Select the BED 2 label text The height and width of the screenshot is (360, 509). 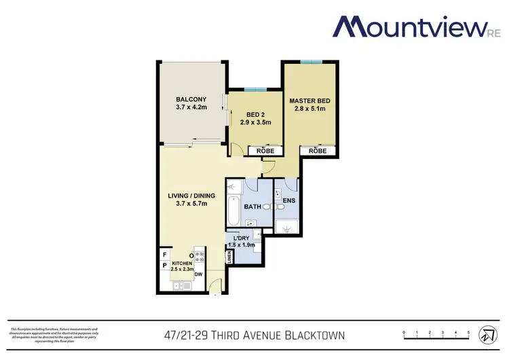255,113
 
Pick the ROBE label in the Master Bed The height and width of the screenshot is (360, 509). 318,151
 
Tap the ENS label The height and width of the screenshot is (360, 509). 288,201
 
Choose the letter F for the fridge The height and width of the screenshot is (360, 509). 164,255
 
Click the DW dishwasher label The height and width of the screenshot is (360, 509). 198,275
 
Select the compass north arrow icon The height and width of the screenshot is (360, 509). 486,336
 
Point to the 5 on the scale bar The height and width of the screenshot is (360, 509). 469,331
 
